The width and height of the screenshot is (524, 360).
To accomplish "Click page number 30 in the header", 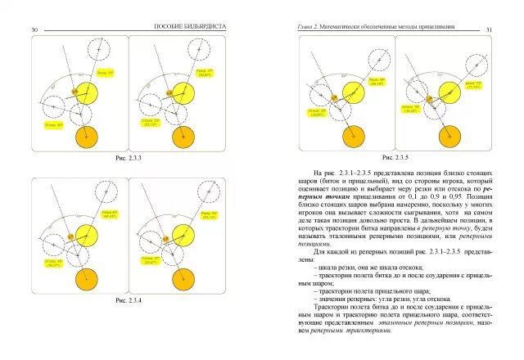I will pos(34,29).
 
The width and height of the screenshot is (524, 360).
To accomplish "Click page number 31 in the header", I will pos(489,29).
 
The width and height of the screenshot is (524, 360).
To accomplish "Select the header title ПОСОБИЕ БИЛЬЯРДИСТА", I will pos(189,28).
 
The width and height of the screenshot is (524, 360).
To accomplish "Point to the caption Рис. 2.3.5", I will pos(395,156).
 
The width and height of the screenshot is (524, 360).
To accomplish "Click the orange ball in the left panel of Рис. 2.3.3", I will pos(85,136).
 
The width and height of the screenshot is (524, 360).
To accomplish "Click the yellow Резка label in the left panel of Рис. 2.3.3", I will pos(105,73).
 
